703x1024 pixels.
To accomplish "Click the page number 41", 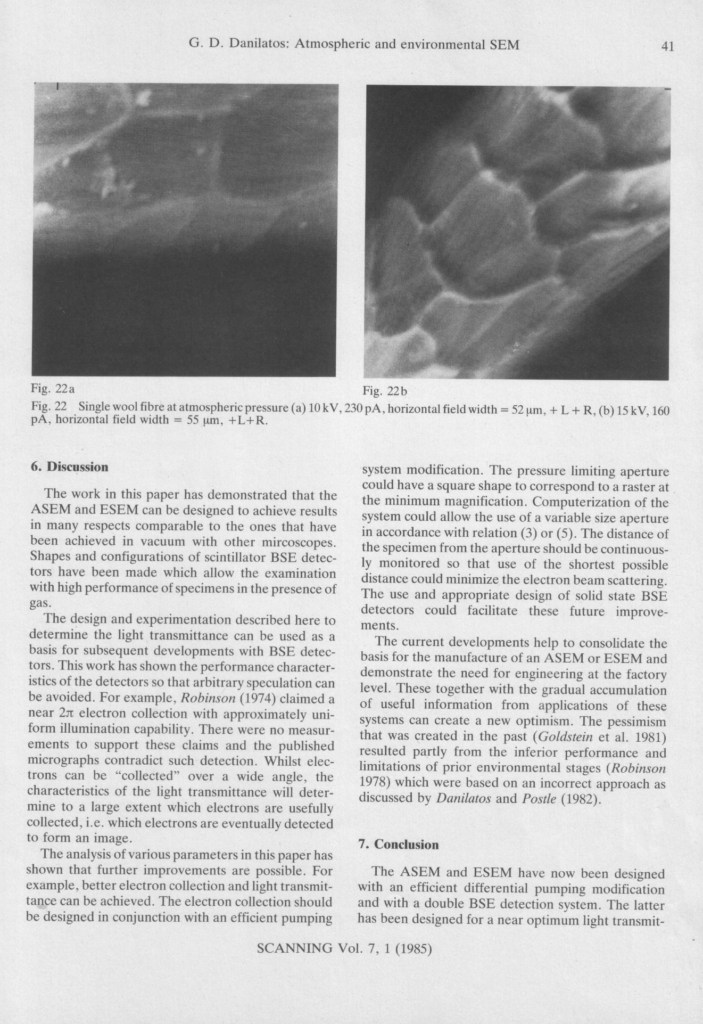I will coord(667,46).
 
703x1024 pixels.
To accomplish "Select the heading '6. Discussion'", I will coord(69,467).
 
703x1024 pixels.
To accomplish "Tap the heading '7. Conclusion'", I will coord(399,845).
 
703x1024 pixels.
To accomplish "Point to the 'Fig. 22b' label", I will coord(384,391).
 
